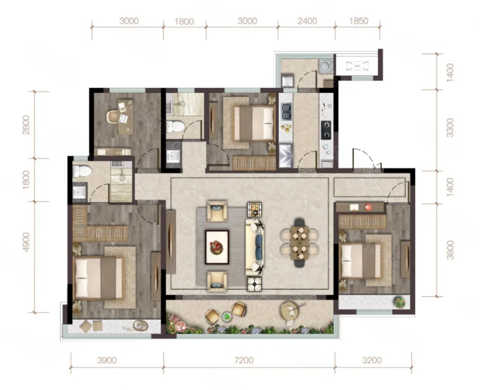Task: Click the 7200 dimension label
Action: [244, 360]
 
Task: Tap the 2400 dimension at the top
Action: [307, 21]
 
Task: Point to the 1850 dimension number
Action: [359, 21]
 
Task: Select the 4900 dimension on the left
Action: [26, 242]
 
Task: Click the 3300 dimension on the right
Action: [449, 128]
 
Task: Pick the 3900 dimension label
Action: [107, 360]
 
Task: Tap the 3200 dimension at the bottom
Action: [372, 360]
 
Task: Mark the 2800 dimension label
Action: [26, 125]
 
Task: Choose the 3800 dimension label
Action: [449, 250]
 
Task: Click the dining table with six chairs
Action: [299, 242]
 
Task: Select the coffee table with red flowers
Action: [217, 247]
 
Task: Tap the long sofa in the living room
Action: [255, 247]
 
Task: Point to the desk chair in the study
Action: [112, 116]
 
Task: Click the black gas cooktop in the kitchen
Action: [325, 130]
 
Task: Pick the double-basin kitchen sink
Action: [286, 112]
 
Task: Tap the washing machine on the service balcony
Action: [325, 66]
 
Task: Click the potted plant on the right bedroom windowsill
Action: [399, 302]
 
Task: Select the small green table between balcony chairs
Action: [227, 316]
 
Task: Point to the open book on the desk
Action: [354, 207]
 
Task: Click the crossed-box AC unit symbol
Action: [357, 66]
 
